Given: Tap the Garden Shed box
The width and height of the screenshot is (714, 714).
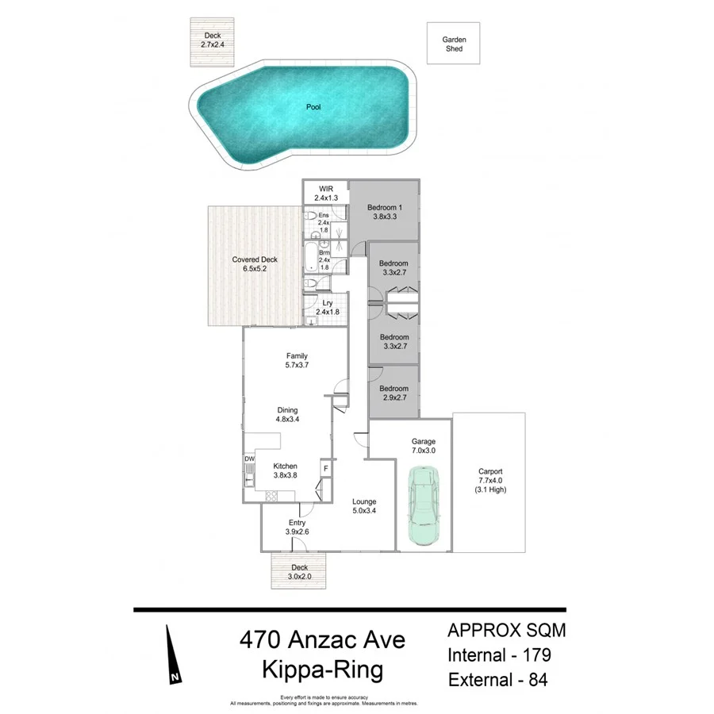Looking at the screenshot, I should [454, 44].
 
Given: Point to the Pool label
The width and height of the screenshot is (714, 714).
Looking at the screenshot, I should [313, 106].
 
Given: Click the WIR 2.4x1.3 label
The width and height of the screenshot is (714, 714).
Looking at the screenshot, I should [326, 193].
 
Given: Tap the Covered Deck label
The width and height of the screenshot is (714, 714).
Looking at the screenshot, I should [255, 264].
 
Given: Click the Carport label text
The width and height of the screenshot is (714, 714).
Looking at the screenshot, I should [492, 480].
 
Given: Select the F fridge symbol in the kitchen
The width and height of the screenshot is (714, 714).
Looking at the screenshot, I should [325, 469].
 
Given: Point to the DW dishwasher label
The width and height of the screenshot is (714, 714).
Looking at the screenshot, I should [249, 459].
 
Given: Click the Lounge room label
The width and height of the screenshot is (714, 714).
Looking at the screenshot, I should [365, 506].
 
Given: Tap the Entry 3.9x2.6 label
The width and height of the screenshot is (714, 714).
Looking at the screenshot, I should [296, 527].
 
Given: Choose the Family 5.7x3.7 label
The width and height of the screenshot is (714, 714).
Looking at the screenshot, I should [296, 361].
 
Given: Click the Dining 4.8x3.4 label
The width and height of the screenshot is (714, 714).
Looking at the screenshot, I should [286, 415].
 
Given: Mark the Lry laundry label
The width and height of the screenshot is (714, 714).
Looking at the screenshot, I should [327, 308].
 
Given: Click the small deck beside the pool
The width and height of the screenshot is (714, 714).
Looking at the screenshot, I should [212, 42].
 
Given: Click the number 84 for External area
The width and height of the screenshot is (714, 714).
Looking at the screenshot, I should [534, 680].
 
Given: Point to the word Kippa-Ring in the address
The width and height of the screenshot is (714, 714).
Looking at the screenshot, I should [322, 670].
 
